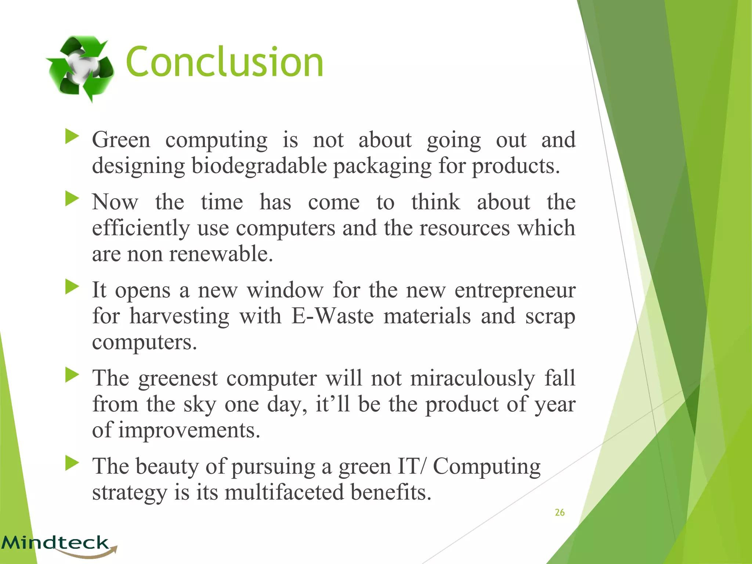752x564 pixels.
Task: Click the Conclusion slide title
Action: tap(224, 62)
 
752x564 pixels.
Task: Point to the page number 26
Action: tap(560, 513)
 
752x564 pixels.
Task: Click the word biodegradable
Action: tap(259, 166)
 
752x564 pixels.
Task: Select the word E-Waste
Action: tap(333, 316)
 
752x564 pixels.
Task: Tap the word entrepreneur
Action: tap(515, 290)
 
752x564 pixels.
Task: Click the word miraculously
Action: tap(473, 378)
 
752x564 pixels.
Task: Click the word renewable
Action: tap(221, 254)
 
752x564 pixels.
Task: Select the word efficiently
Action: tap(141, 228)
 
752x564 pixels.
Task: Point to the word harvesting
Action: tap(179, 316)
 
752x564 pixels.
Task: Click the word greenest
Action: tap(178, 379)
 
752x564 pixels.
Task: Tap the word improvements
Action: tap(189, 430)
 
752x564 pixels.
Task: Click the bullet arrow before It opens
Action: tap(72, 287)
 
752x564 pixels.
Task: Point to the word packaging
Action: tap(382, 166)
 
